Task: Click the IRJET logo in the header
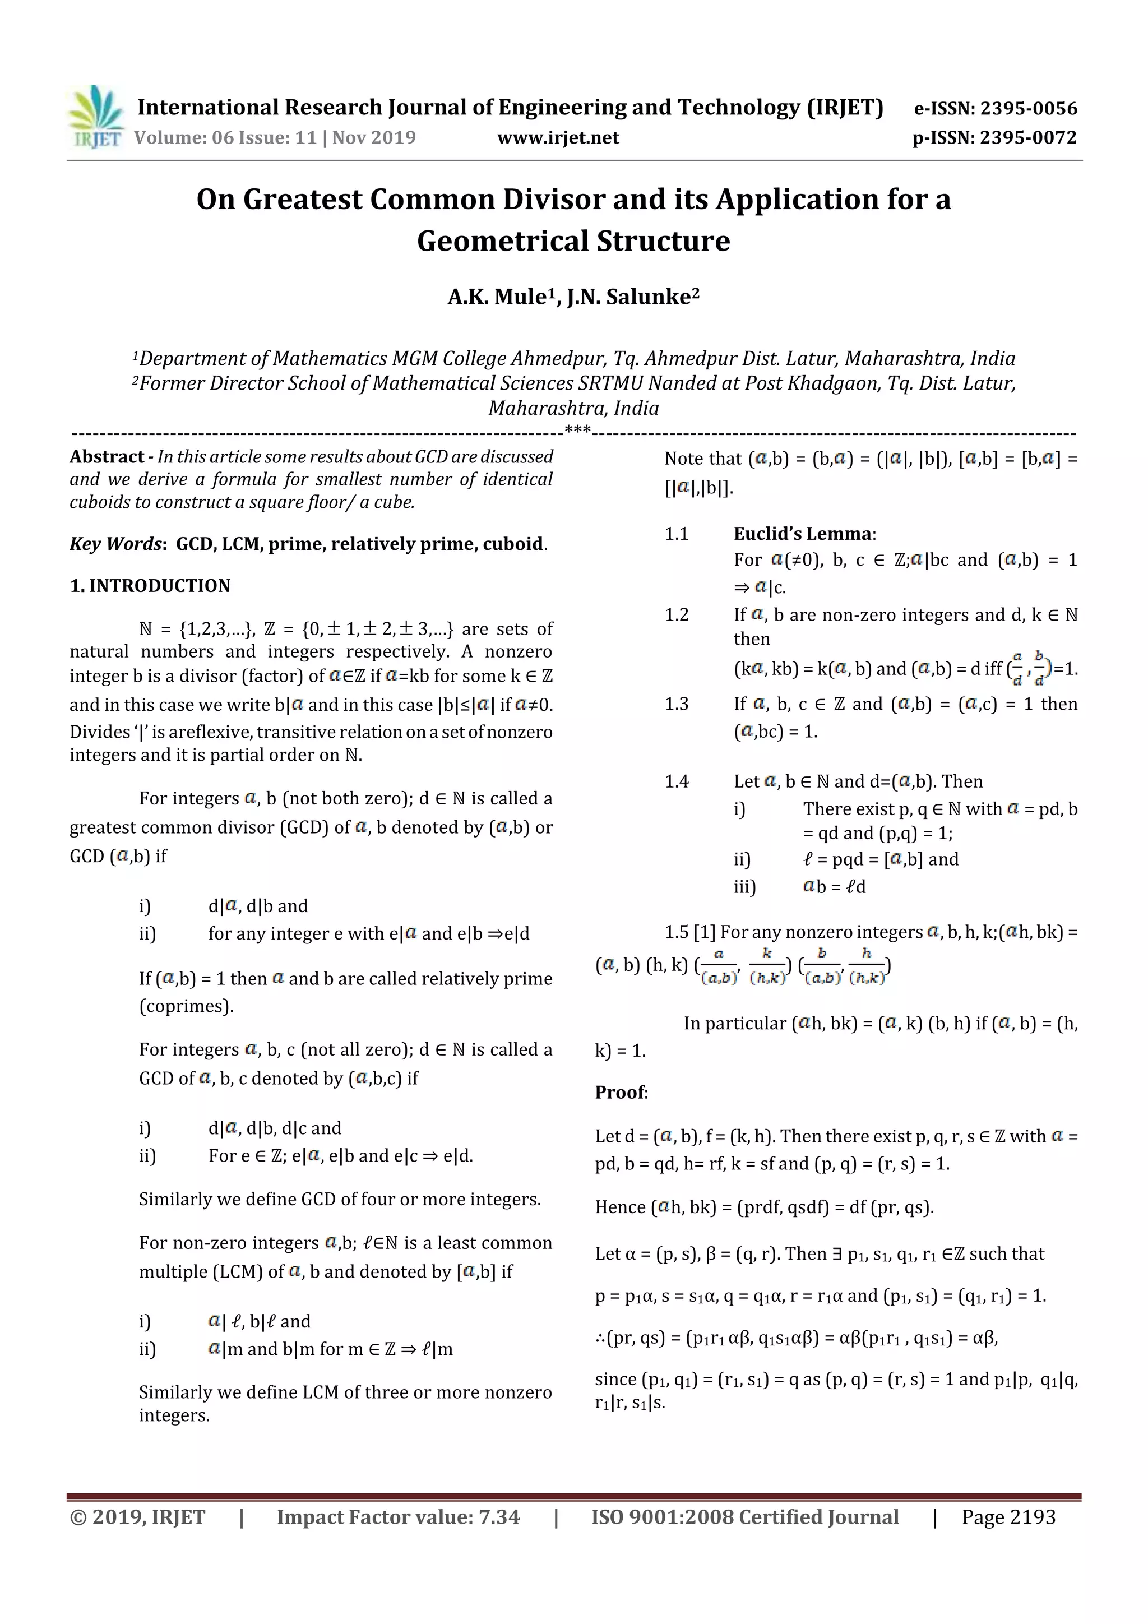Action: coord(97,117)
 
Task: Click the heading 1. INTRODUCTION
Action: coord(150,586)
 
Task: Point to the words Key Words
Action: coord(116,544)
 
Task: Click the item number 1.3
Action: coord(676,704)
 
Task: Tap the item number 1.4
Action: coord(676,781)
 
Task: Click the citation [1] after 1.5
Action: coord(704,932)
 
